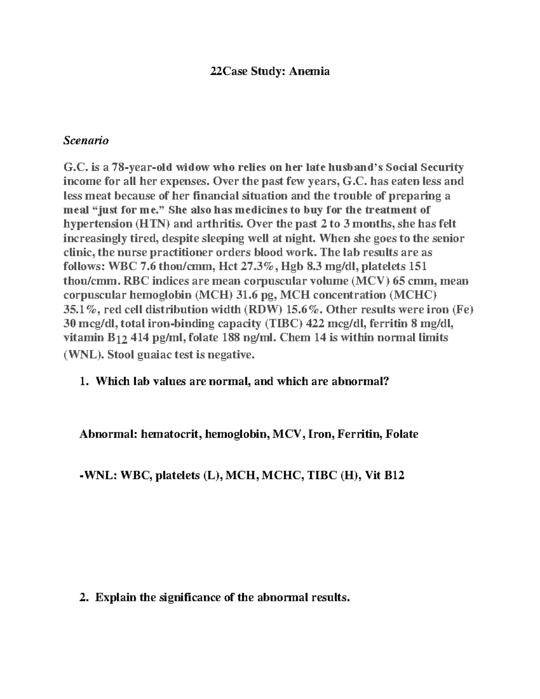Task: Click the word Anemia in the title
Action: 309,71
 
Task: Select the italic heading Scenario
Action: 86,140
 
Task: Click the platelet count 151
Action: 419,266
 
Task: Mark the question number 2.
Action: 82,598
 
